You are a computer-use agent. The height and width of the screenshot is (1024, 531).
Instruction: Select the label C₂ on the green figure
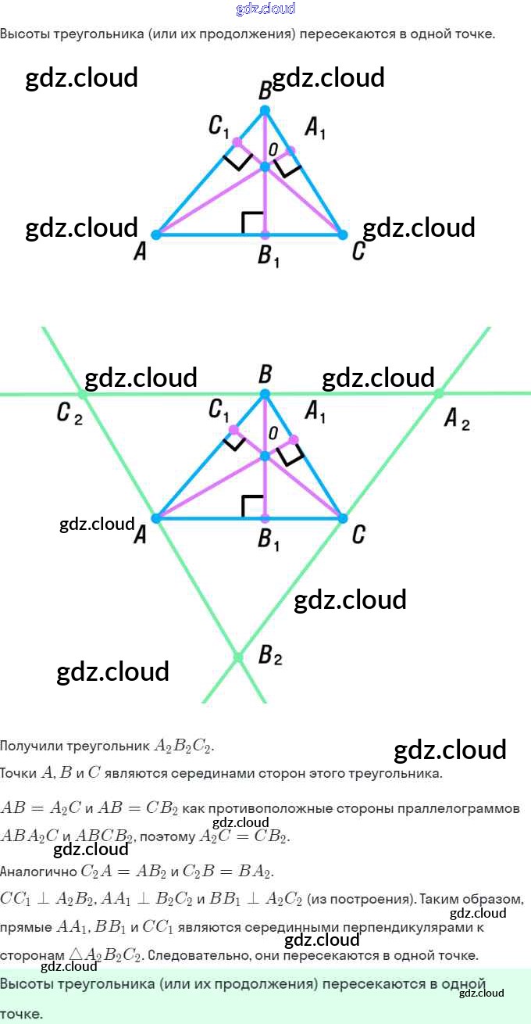click(x=69, y=414)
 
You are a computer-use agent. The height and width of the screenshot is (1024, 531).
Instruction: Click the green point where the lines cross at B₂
click(x=238, y=657)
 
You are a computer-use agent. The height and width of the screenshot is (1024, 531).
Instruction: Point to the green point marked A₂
click(x=439, y=393)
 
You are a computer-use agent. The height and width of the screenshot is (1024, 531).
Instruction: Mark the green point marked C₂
click(x=83, y=394)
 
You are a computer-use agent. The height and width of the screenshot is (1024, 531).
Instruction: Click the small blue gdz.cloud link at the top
click(x=265, y=9)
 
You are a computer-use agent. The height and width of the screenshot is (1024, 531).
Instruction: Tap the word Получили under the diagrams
click(x=28, y=746)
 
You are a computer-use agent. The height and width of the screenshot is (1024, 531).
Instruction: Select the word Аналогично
click(x=38, y=871)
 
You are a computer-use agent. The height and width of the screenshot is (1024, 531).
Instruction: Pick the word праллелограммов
click(x=467, y=807)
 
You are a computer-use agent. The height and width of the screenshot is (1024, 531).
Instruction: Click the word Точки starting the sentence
click(x=18, y=774)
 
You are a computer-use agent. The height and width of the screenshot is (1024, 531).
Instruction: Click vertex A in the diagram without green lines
click(x=156, y=234)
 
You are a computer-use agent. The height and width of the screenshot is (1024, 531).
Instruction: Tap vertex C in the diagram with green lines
click(x=342, y=518)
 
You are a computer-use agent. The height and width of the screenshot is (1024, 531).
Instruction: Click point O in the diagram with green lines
click(x=265, y=455)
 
